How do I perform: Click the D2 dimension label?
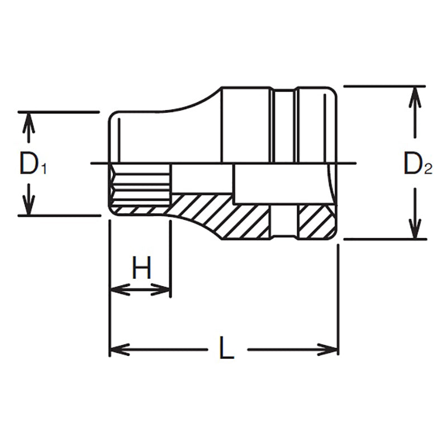(418, 164)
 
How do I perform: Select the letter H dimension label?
(142, 269)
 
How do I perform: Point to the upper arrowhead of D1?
(30, 120)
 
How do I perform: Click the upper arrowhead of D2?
(415, 95)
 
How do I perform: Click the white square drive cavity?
(279, 184)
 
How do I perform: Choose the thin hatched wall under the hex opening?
(140, 210)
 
